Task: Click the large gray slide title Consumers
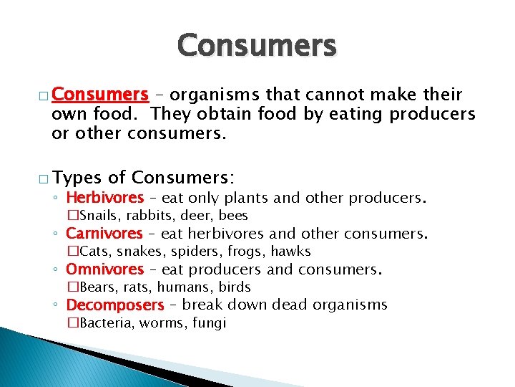point(257,46)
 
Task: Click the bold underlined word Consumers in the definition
point(100,95)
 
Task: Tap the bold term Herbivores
point(105,197)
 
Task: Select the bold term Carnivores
point(104,233)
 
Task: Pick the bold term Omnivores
point(105,269)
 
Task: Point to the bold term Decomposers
point(115,305)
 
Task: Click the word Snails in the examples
point(96,215)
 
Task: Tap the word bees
point(234,215)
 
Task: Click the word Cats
point(92,251)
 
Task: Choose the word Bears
point(96,287)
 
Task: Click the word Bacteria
point(104,322)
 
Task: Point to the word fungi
point(210,322)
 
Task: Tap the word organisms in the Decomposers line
point(350,305)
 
